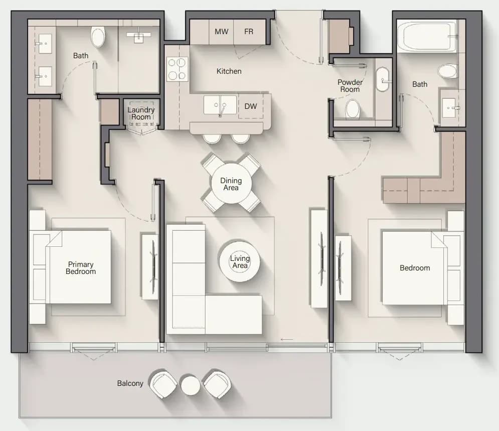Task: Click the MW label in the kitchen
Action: pyautogui.click(x=221, y=32)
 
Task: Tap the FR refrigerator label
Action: pyautogui.click(x=249, y=32)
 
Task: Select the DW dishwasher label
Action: pyautogui.click(x=250, y=106)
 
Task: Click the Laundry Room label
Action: pyautogui.click(x=141, y=113)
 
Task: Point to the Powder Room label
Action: pyautogui.click(x=350, y=86)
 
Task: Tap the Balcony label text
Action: pyautogui.click(x=130, y=383)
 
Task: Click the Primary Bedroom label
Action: pyautogui.click(x=81, y=268)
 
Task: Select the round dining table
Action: pyautogui.click(x=231, y=183)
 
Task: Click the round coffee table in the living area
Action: pyautogui.click(x=240, y=261)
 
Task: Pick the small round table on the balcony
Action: pyautogui.click(x=191, y=385)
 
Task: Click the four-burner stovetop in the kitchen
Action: pyautogui.click(x=177, y=69)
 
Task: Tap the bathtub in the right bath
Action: pyautogui.click(x=427, y=36)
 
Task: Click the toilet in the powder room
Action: pyautogui.click(x=353, y=109)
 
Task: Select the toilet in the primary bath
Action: pyautogui.click(x=98, y=36)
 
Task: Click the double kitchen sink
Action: pyautogui.click(x=220, y=105)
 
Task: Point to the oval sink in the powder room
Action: pyautogui.click(x=383, y=80)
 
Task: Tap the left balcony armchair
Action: pyautogui.click(x=163, y=384)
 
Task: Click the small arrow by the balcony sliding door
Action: pyautogui.click(x=287, y=339)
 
